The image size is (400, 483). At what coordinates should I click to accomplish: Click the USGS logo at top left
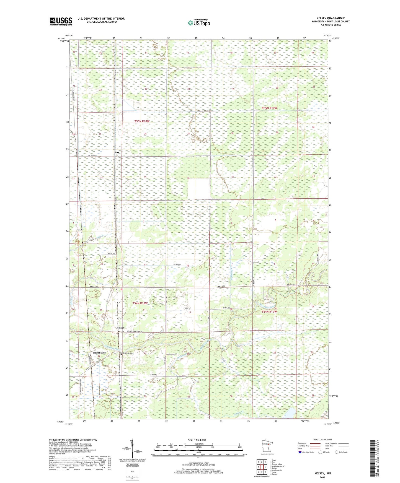coord(61,21)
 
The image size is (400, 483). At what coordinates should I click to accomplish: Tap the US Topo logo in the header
coord(199,23)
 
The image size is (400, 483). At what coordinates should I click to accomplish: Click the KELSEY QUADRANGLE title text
coord(331,18)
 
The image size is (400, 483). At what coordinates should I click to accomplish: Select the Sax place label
coord(117,152)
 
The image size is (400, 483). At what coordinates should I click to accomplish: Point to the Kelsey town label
coord(120,328)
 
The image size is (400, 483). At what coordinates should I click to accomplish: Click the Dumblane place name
coord(99,353)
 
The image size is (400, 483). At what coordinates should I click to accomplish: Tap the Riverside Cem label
coord(128,353)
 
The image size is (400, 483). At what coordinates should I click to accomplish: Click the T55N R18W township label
coord(142,121)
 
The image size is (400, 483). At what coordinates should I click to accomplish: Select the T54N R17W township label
coord(269,312)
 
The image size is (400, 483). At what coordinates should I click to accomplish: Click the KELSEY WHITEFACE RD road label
coord(135,331)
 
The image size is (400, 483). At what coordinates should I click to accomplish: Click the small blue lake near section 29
coord(290,413)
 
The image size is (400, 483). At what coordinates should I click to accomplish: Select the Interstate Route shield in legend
coord(300,452)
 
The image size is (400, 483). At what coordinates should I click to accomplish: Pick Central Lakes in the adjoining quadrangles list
coord(276,464)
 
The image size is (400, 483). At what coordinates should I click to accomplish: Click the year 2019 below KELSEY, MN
coord(322,477)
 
